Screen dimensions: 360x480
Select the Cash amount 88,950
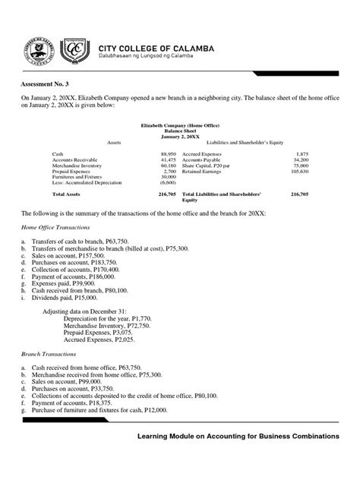click(x=166, y=153)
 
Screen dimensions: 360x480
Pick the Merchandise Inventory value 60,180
click(x=166, y=166)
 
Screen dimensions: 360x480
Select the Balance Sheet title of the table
click(x=179, y=131)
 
